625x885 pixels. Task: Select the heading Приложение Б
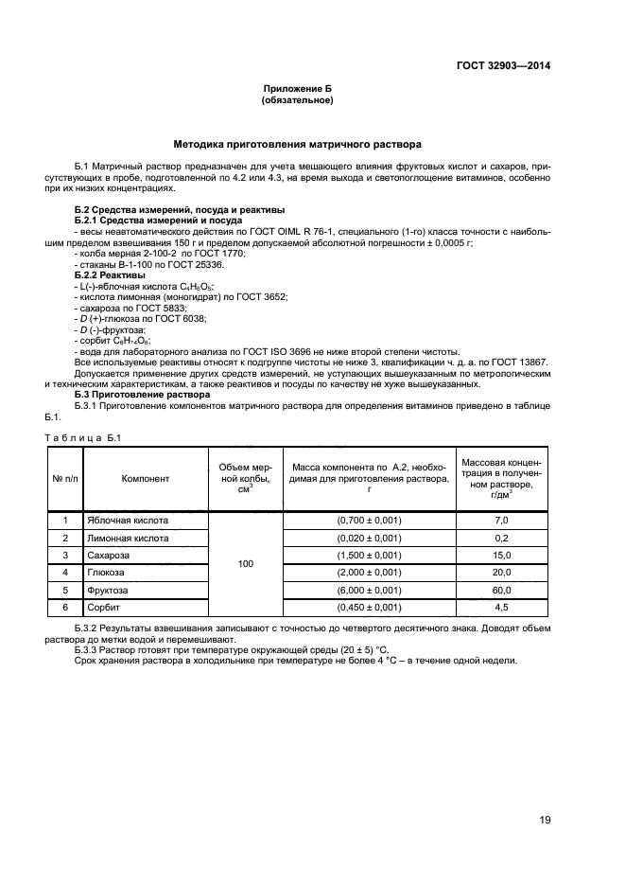[x=297, y=88]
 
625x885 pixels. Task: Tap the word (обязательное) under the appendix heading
[x=297, y=99]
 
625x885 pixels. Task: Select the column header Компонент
[x=146, y=478]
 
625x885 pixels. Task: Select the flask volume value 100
[x=245, y=564]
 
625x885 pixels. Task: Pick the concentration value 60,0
[x=501, y=590]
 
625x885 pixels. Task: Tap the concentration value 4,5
[x=501, y=607]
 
